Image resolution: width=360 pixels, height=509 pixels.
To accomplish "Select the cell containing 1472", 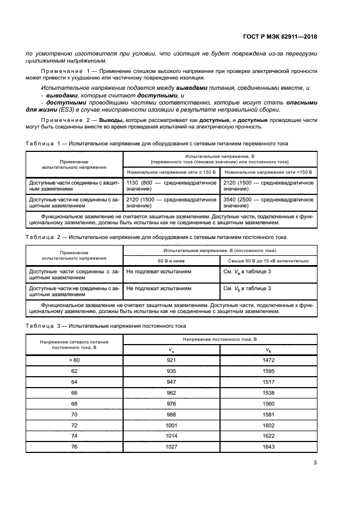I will [x=269, y=360].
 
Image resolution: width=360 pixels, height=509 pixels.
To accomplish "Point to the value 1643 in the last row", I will [x=269, y=447].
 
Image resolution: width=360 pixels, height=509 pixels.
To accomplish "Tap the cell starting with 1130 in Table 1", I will [x=171, y=186].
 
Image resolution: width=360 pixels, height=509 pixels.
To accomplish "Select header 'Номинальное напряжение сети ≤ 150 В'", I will [x=171, y=171].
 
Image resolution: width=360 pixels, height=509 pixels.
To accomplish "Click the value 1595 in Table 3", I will [x=269, y=371].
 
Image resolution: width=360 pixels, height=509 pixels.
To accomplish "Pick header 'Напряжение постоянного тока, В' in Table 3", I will [x=219, y=339].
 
